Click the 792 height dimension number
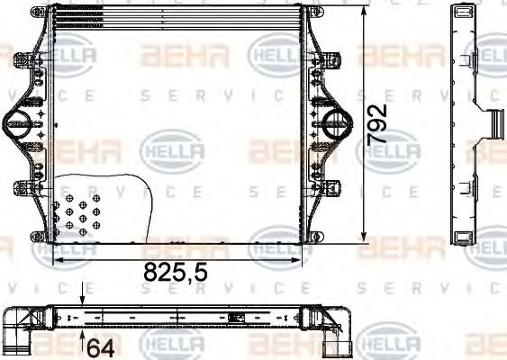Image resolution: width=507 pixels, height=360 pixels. click(x=380, y=124)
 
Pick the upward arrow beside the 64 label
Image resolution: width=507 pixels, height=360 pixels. click(x=82, y=339)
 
